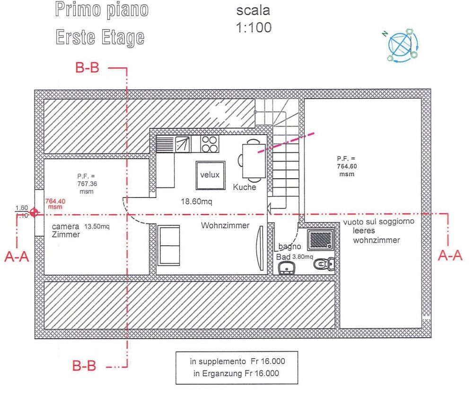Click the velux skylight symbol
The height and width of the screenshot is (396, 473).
(x=210, y=175)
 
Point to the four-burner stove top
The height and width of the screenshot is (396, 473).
(x=209, y=144)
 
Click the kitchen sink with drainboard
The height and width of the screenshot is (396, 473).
(x=173, y=144)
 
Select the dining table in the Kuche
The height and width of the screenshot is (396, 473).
(x=251, y=161)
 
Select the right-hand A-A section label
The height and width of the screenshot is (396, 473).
(x=449, y=256)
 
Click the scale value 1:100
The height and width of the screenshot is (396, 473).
(x=254, y=28)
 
